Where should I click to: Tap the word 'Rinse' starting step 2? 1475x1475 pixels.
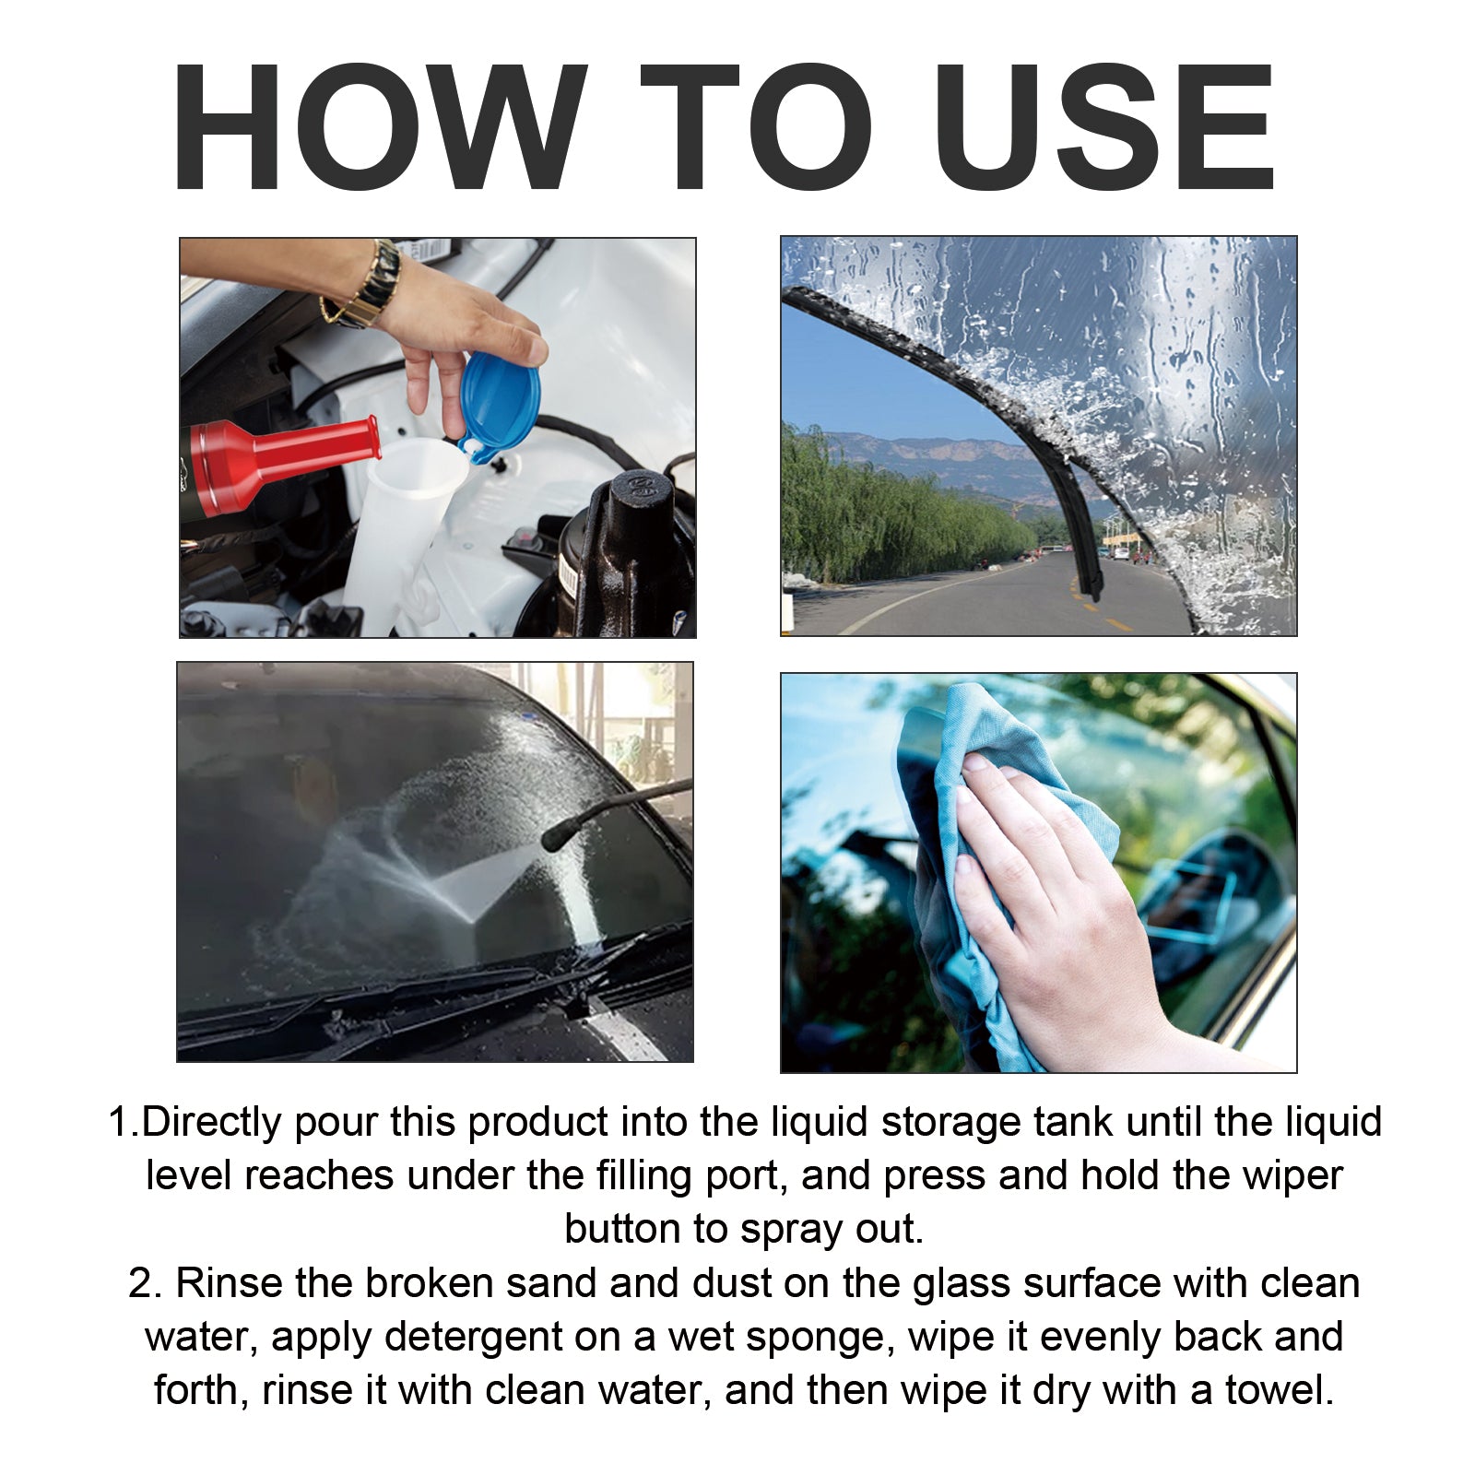click(229, 1283)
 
